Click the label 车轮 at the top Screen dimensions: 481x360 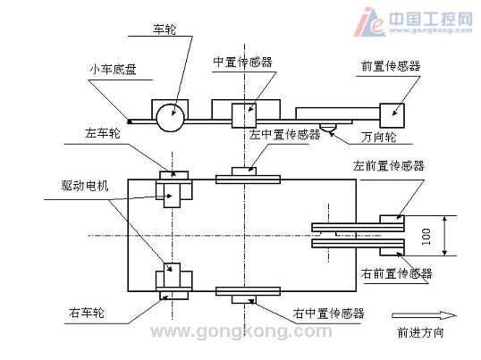pos(165,29)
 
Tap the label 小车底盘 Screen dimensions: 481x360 pos(113,70)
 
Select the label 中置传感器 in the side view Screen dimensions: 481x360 pos(242,62)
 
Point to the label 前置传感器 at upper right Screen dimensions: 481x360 pos(391,66)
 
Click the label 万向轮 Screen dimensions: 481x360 pos(378,137)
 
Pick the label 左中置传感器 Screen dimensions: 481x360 pos(284,134)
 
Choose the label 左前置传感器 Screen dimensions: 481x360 pos(389,165)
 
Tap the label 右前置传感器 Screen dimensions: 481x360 pos(397,273)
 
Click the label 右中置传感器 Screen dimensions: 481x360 pos(328,314)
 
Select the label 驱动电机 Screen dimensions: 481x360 pos(85,186)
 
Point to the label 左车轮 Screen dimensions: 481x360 pos(103,134)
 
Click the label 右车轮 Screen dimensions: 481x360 pos(87,313)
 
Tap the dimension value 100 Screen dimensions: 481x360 pos(426,236)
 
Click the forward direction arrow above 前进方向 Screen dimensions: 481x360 pos(425,315)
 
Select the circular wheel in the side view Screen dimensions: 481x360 pos(170,118)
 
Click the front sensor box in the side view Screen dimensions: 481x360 pos(392,115)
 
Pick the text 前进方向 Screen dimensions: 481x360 pos(420,332)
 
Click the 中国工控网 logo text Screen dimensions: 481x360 pos(431,19)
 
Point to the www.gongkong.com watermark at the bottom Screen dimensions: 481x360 pos(241,331)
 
